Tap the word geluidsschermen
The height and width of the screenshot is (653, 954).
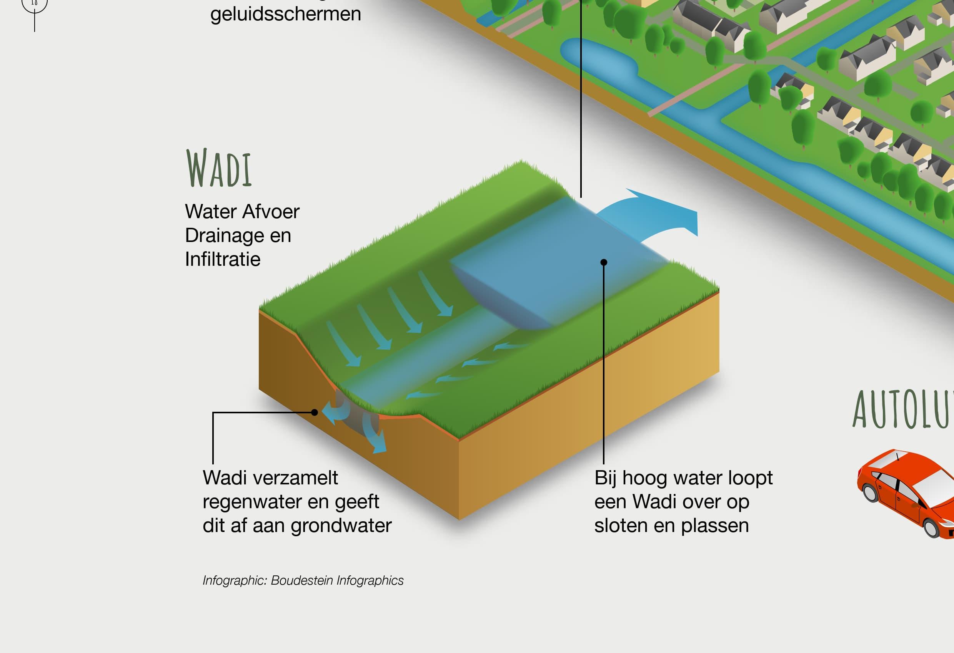coord(286,14)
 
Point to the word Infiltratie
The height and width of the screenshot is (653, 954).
coord(223,259)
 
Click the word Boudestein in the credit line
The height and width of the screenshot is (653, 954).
coord(302,580)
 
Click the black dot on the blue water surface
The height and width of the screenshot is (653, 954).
coord(603,262)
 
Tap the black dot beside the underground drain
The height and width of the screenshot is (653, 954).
coord(315,412)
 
